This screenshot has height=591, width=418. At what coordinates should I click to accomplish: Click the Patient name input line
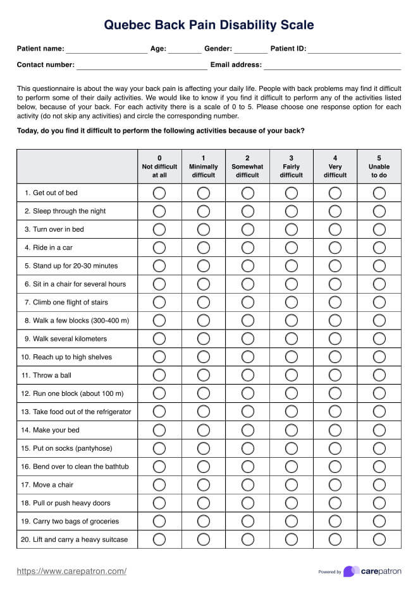click(x=106, y=49)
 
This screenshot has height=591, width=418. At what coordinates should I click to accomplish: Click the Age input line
click(x=185, y=49)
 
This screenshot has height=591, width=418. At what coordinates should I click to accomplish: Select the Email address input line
click(x=332, y=65)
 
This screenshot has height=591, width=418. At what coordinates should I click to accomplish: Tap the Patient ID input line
click(x=354, y=49)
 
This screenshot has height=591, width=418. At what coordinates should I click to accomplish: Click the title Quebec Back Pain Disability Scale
click(x=209, y=25)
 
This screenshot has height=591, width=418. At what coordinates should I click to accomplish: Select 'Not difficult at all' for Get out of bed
click(x=159, y=193)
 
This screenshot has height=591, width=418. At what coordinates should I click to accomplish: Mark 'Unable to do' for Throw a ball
click(x=379, y=375)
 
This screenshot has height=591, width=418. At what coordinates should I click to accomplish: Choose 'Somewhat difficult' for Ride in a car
click(x=247, y=248)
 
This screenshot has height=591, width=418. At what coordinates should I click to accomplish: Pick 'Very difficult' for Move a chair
click(x=335, y=485)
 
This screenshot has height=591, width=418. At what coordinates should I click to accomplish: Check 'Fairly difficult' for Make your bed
click(x=292, y=430)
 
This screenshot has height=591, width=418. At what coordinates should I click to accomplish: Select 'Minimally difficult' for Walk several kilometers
click(x=204, y=338)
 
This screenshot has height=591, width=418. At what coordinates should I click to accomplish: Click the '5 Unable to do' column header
click(x=379, y=167)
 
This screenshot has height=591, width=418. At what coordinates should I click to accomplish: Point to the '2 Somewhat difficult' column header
click(x=247, y=167)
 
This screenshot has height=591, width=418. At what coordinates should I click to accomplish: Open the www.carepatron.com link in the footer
click(x=71, y=571)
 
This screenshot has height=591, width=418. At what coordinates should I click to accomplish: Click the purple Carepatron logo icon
click(x=352, y=571)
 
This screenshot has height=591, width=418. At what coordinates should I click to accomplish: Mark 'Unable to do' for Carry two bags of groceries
click(x=379, y=522)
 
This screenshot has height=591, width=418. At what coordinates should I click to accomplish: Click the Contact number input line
click(x=142, y=65)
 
